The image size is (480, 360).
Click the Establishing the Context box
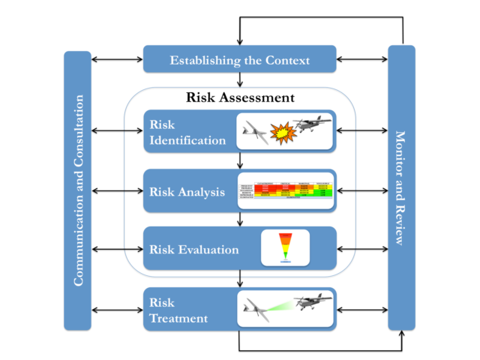(239, 59)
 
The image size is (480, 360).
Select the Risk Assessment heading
(240, 97)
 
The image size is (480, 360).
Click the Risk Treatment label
(176, 309)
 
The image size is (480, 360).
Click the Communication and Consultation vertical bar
(77, 190)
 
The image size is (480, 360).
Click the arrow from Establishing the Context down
(239, 80)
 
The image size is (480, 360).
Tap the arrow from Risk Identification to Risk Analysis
(239, 161)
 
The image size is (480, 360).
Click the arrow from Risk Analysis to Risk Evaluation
(239, 219)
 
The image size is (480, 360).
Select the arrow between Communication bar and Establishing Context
(117, 57)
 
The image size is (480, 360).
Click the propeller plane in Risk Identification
(311, 124)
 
